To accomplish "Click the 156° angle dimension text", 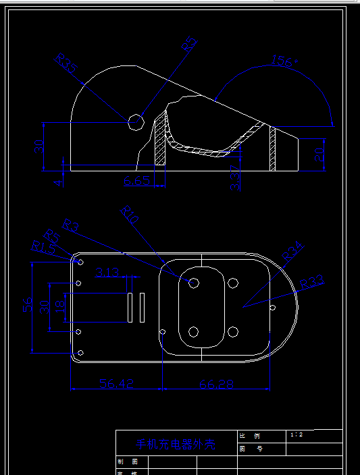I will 284,61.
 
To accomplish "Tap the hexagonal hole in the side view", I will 136,121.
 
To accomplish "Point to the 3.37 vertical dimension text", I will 235,177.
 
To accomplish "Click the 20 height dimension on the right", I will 319,155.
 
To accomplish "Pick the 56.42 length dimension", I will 116,383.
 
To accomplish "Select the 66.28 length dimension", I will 217,383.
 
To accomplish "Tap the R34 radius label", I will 292,252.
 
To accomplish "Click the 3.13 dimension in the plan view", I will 107,273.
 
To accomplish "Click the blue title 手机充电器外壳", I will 176,445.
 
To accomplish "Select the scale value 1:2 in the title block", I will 296,435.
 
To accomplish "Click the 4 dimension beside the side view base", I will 58,181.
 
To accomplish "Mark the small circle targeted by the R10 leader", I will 193,283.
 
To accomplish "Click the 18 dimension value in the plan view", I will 59,306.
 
